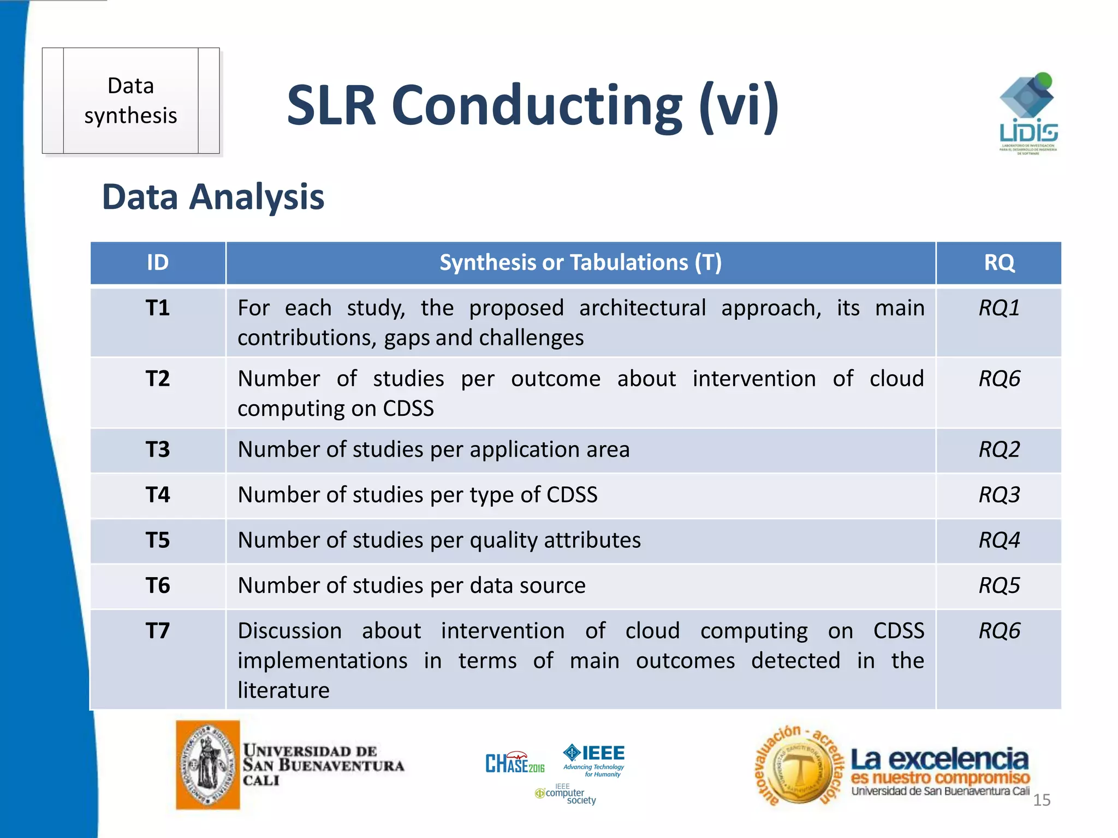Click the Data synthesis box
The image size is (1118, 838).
(x=130, y=101)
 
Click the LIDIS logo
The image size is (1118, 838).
(x=1028, y=113)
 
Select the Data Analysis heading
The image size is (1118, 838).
(x=213, y=196)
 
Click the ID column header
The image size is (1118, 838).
(x=157, y=263)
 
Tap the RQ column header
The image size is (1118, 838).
(x=998, y=263)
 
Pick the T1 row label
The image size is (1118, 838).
(x=157, y=308)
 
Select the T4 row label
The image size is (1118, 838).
(x=157, y=495)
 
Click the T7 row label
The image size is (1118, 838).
(x=157, y=631)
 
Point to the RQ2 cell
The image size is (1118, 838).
(x=998, y=450)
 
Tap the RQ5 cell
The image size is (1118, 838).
(x=998, y=585)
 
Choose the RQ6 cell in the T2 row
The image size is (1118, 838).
(x=998, y=379)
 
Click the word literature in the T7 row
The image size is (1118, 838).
(x=283, y=691)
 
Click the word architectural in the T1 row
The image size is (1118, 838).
(x=642, y=308)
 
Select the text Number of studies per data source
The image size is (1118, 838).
(x=412, y=585)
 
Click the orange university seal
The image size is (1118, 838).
(x=207, y=764)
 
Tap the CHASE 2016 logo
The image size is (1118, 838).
(x=514, y=763)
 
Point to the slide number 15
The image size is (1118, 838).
(x=1041, y=800)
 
